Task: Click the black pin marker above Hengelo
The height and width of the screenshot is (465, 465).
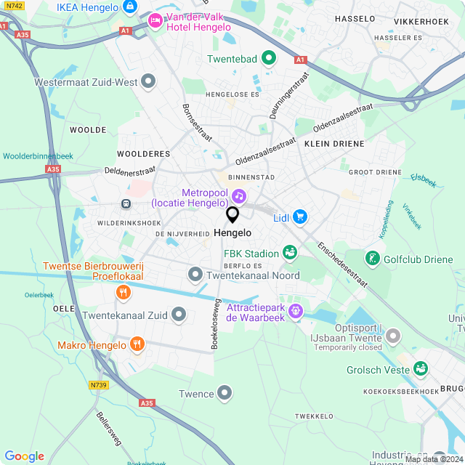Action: [232, 214]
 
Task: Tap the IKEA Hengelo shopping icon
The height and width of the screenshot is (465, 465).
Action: [130, 7]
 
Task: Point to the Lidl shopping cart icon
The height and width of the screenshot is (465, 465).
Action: [300, 217]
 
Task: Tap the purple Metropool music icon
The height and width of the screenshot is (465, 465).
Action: [239, 196]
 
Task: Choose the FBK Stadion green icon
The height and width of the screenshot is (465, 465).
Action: [290, 253]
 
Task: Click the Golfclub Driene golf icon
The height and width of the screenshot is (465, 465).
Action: [372, 257]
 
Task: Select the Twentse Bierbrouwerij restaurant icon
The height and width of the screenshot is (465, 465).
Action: [124, 292]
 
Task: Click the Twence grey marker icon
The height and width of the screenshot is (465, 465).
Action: [225, 394]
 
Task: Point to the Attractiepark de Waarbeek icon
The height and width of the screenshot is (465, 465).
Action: [296, 311]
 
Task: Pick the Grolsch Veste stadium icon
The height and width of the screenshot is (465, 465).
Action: [421, 369]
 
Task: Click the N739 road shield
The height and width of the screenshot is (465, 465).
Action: [99, 385]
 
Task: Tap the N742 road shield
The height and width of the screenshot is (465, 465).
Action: [9, 5]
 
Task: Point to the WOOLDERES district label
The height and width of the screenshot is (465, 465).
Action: [143, 154]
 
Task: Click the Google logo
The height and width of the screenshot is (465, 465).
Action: [24, 456]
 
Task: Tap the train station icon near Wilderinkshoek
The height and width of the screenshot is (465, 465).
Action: [126, 204]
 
